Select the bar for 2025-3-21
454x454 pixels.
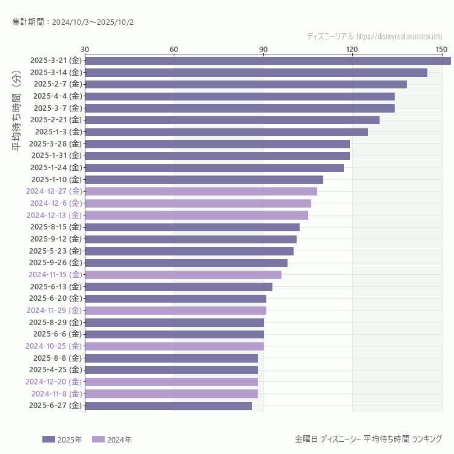(268, 61)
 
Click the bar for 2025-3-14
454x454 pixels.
(256, 73)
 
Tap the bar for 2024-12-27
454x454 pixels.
(201, 191)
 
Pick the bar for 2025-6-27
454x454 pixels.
(168, 406)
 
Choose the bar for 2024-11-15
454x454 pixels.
(183, 275)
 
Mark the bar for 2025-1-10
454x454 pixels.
(204, 180)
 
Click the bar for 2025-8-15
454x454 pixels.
(192, 227)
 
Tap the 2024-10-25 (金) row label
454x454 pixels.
(53, 346)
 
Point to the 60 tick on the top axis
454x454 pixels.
(174, 49)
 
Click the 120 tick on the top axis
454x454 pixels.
(352, 49)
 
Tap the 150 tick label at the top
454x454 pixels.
(441, 49)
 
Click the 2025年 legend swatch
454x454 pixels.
(48, 439)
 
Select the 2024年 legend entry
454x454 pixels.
(111, 439)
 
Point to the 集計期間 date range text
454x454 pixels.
(73, 22)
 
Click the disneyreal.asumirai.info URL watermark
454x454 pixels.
(399, 36)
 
